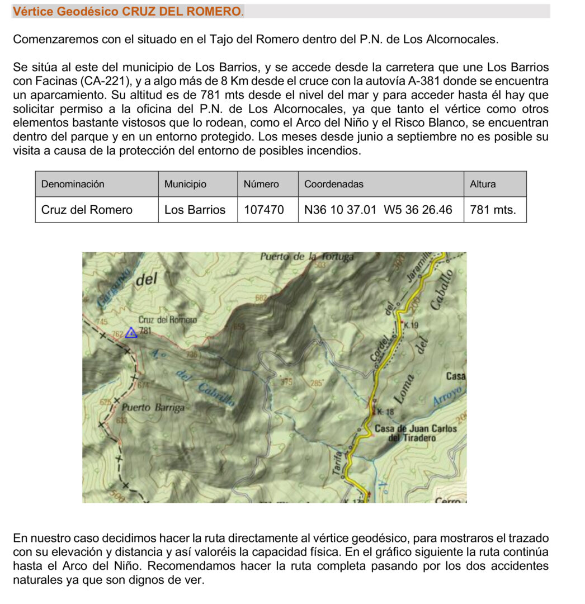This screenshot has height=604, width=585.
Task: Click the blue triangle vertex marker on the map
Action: [131, 333]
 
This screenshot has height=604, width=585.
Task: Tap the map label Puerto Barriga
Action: [153, 407]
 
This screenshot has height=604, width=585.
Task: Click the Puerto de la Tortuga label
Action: [307, 257]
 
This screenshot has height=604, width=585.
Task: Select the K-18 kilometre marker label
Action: [386, 412]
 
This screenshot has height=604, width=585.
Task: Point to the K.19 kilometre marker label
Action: [410, 325]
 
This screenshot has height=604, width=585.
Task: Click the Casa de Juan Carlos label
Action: [416, 429]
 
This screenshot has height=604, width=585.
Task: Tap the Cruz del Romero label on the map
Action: [167, 320]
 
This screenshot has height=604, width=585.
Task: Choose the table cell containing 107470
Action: [265, 210]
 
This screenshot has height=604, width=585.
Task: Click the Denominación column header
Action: [73, 184]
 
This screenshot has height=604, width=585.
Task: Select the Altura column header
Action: [483, 184]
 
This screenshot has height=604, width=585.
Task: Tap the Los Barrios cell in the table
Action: [195, 210]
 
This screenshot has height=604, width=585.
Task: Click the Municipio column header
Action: [185, 184]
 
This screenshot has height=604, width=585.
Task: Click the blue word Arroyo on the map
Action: [449, 395]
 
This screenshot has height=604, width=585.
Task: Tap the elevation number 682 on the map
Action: [261, 299]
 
